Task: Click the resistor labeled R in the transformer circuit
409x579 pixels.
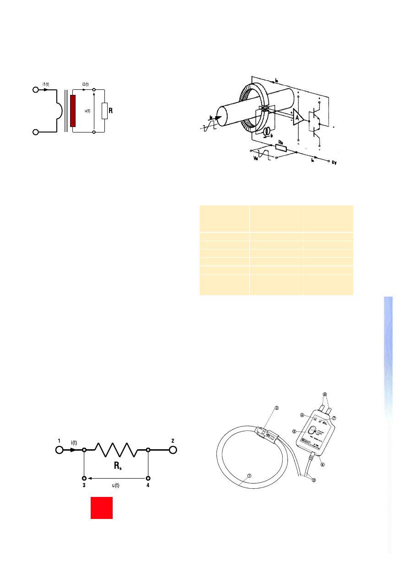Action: pyautogui.click(x=105, y=111)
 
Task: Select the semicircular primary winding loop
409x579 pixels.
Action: pyautogui.click(x=58, y=111)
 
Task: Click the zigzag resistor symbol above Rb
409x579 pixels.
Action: pyautogui.click(x=116, y=450)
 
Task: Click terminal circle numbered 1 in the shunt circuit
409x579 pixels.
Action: pyautogui.click(x=59, y=450)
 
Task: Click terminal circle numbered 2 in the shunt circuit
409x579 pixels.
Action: pyautogui.click(x=173, y=450)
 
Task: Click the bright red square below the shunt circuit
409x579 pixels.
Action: pyautogui.click(x=102, y=507)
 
